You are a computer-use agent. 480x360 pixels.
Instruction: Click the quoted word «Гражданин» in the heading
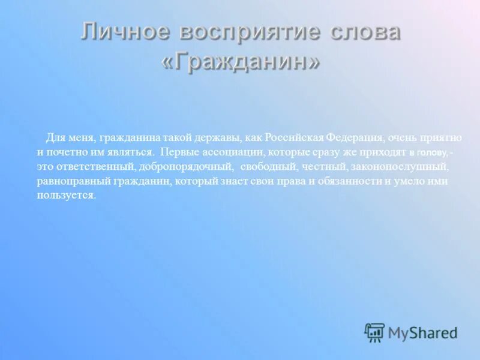pos(240,62)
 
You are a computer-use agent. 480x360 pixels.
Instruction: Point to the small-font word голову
pos(432,152)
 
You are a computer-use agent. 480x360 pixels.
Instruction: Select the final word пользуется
pos(65,195)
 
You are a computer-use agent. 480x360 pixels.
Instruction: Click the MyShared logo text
pos(422,332)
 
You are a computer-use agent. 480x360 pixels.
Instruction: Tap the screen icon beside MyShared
pos(374,332)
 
